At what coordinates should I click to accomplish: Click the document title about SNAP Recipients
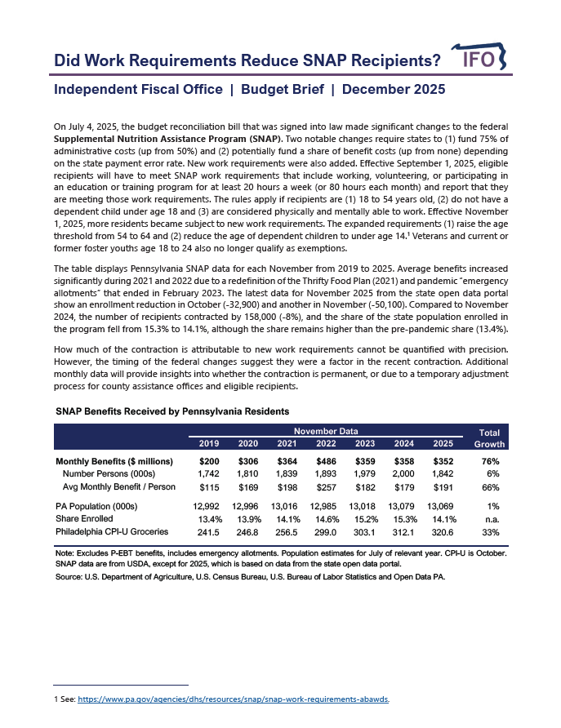[247, 61]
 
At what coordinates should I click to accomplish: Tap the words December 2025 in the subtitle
[394, 90]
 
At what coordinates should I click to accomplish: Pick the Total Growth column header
[489, 438]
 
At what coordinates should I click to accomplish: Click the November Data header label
[326, 430]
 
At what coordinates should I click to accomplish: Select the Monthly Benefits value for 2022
[326, 461]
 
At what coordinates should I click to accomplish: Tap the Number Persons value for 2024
[403, 474]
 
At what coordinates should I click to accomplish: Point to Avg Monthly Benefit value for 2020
[247, 487]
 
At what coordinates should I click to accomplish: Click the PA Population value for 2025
[443, 506]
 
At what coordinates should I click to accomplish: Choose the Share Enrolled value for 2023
[365, 519]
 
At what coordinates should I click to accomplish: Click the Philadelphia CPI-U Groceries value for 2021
[287, 532]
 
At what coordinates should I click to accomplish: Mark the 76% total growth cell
[490, 461]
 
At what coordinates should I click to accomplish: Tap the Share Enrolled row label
[85, 519]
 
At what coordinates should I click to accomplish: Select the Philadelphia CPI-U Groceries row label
[112, 532]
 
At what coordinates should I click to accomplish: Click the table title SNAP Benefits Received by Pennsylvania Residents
[171, 411]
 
